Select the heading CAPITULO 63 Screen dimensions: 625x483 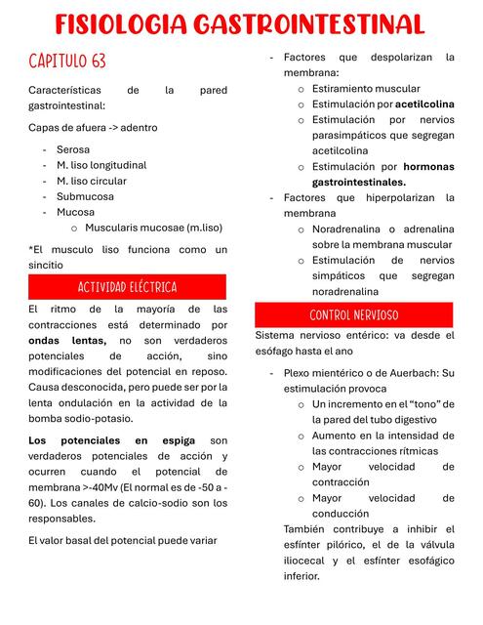67,62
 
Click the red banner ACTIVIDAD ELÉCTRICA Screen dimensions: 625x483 127,287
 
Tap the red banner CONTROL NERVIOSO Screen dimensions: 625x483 353,315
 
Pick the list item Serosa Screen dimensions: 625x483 73,149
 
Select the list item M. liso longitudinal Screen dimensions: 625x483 101,165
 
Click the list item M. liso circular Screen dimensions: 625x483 92,181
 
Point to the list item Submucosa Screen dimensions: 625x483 85,196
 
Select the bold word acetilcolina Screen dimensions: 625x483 424,104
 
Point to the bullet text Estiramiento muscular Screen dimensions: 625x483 366,88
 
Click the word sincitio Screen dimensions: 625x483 46,265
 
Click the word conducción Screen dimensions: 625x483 341,514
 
